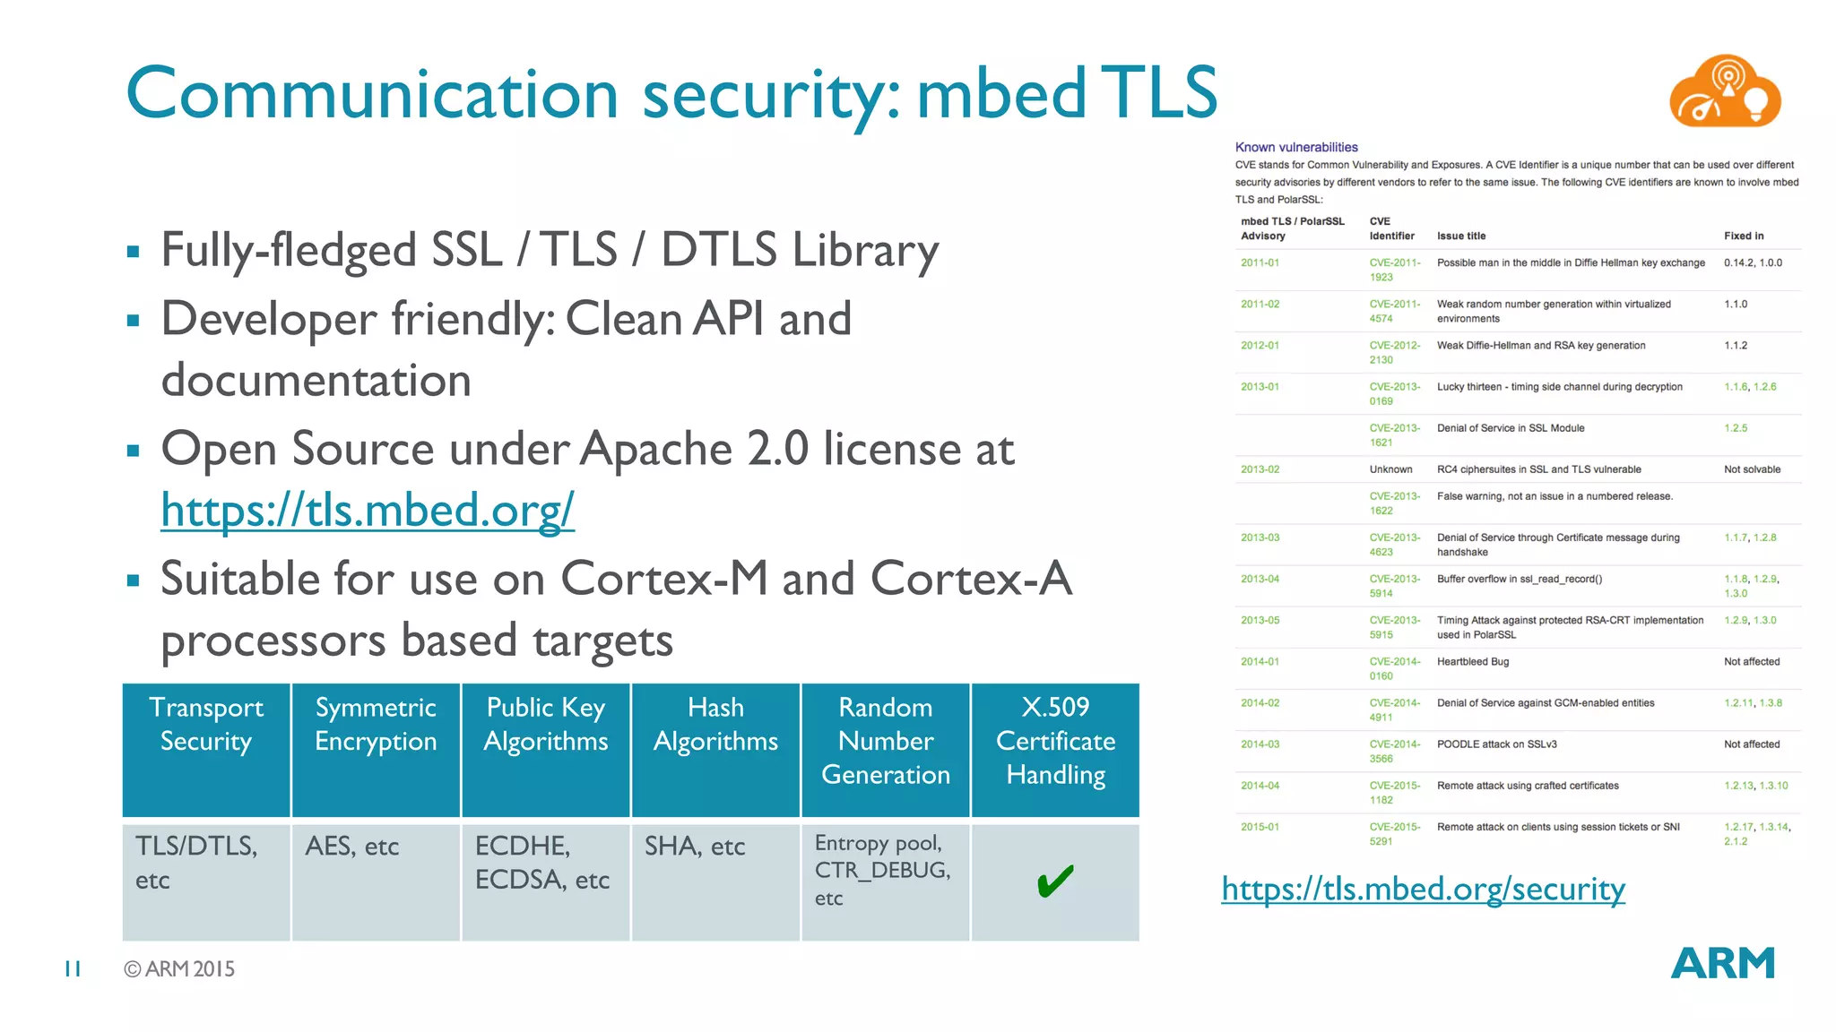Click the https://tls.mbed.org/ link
(x=368, y=511)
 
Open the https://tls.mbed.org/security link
(x=1423, y=889)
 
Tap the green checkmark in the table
(x=1055, y=881)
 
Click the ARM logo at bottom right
(x=1722, y=964)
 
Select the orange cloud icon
(x=1724, y=92)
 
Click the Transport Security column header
(x=206, y=725)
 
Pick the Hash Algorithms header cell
(x=715, y=725)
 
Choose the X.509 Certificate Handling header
(x=1055, y=741)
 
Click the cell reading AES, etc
(x=351, y=847)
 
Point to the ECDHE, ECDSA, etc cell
(x=541, y=864)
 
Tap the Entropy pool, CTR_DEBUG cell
(x=882, y=870)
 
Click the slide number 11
(x=73, y=968)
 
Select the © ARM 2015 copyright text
(x=179, y=969)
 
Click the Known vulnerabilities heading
(x=1296, y=147)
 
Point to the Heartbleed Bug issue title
(x=1473, y=662)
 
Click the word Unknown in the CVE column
(x=1390, y=469)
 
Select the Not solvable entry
(x=1752, y=469)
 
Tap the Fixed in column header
(x=1744, y=236)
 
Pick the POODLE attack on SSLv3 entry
(x=1497, y=744)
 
